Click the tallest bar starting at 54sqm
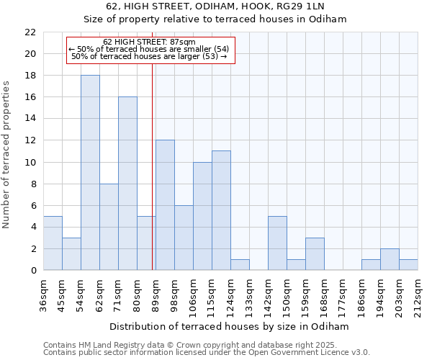[x=90, y=173]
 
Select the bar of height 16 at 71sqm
[x=127, y=184]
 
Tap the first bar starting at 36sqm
[x=53, y=243]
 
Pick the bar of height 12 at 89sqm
[x=165, y=205]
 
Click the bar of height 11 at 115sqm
[x=221, y=210]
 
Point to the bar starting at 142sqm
[x=277, y=243]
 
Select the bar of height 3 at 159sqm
[x=315, y=254]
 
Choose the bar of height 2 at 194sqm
[x=390, y=259]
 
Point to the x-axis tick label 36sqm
[x=44, y=292]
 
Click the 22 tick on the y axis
[x=30, y=32]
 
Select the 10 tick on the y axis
[x=30, y=163]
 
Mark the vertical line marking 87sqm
[x=153, y=166]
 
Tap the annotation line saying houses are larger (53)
[x=149, y=56]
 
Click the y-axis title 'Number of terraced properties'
[x=6, y=155]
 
